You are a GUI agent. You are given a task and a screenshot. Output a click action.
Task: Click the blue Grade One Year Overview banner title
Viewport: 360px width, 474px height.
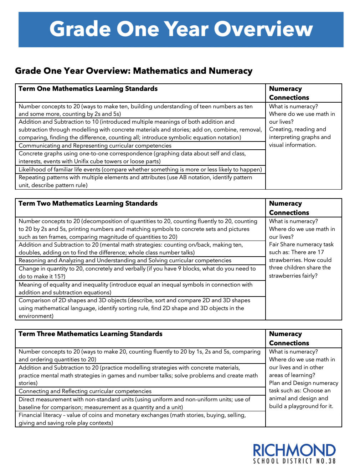tap(181, 29)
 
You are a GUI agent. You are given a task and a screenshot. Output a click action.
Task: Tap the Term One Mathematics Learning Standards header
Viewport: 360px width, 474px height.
tap(88, 89)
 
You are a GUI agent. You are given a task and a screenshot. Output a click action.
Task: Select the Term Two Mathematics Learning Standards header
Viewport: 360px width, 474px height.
tap(88, 203)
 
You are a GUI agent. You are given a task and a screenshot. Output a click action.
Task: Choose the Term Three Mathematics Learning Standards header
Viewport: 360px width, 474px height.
tap(90, 334)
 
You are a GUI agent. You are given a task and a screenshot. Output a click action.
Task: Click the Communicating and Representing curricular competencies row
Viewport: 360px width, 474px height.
tap(95, 146)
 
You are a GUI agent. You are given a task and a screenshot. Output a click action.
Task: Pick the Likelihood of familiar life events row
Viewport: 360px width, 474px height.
tap(140, 170)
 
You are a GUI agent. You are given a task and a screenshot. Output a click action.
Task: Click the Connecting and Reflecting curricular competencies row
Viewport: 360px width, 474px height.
tap(85, 391)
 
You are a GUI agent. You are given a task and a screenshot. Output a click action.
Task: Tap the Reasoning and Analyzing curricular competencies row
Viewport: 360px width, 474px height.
tap(125, 261)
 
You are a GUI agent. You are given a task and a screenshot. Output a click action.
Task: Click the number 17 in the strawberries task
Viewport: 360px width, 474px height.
tap(320, 252)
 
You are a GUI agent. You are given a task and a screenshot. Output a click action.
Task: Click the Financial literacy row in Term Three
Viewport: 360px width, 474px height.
tap(132, 419)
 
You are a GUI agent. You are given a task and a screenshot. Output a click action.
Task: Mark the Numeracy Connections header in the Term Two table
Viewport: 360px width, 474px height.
tap(289, 208)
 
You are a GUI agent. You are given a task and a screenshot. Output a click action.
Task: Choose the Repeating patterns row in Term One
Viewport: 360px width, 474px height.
tap(135, 181)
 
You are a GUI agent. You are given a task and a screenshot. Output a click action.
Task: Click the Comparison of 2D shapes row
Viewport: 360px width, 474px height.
tap(134, 308)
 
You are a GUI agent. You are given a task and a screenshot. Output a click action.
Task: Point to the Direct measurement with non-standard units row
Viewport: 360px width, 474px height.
tap(134, 403)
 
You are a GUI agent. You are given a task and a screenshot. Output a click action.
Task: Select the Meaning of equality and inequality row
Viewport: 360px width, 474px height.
tap(135, 289)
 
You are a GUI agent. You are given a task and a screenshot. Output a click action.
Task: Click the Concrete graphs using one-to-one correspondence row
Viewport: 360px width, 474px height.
tap(132, 158)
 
